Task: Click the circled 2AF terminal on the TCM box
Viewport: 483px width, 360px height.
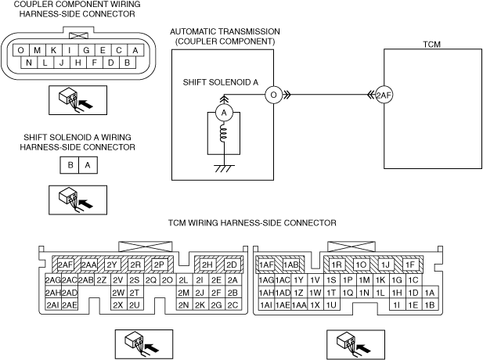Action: click(384, 95)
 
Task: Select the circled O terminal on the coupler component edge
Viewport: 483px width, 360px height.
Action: click(273, 95)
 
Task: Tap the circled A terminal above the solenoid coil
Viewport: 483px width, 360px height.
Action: click(224, 113)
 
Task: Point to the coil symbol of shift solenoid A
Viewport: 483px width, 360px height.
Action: click(223, 135)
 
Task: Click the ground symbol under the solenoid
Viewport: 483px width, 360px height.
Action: click(224, 168)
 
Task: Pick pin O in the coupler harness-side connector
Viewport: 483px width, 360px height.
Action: click(21, 50)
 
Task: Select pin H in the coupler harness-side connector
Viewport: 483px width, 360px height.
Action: click(78, 63)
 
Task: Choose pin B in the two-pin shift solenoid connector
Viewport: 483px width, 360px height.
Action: click(70, 165)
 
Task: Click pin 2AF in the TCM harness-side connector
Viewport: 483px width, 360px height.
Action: click(66, 265)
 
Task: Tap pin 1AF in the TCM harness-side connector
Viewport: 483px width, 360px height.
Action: click(266, 265)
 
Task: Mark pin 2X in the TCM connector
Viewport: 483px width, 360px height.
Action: click(118, 305)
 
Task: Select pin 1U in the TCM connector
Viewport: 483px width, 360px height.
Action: click(331, 305)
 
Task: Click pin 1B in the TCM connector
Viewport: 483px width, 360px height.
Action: click(430, 305)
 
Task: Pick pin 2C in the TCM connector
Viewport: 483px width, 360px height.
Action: click(232, 305)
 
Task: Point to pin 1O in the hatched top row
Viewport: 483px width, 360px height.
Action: click(361, 265)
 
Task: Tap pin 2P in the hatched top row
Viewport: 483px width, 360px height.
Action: click(159, 265)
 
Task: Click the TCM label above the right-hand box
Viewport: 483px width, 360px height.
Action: click(432, 45)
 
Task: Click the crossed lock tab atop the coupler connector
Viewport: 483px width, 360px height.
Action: click(78, 36)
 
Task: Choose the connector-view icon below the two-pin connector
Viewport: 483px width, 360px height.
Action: click(78, 200)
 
